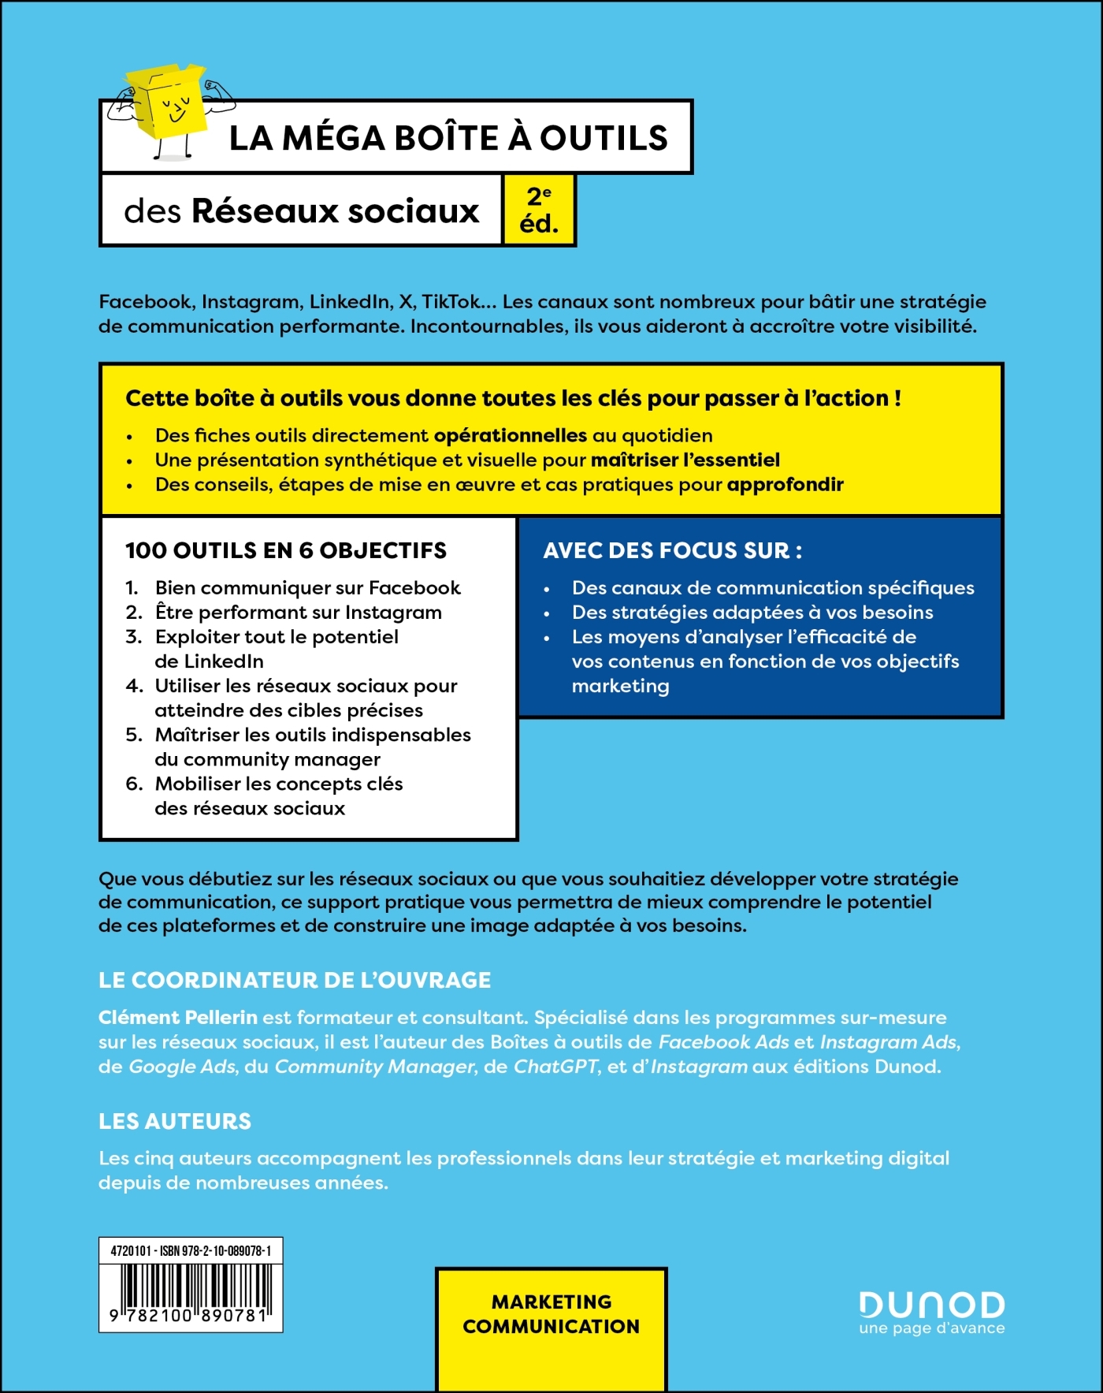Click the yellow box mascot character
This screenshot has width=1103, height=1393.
[x=171, y=106]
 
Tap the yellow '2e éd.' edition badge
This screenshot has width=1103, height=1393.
[x=539, y=210]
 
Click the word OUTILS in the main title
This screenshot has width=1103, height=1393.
[x=603, y=138]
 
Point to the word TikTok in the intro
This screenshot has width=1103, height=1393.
[x=451, y=302]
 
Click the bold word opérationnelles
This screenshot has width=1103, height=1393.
[x=511, y=436]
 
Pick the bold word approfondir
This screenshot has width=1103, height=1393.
[x=785, y=485]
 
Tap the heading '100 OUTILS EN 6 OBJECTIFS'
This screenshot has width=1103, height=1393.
[x=286, y=550]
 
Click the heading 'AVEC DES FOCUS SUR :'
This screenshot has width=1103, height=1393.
[x=673, y=550]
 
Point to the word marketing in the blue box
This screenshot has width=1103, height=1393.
[x=621, y=687]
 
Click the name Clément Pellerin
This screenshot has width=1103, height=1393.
[x=178, y=1018]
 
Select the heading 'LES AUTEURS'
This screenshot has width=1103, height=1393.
[x=175, y=1121]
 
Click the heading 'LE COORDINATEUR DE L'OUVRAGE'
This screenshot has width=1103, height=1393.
[x=295, y=980]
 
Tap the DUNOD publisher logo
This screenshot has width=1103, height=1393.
[x=931, y=1305]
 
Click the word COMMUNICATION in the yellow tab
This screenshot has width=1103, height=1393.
[x=551, y=1327]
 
